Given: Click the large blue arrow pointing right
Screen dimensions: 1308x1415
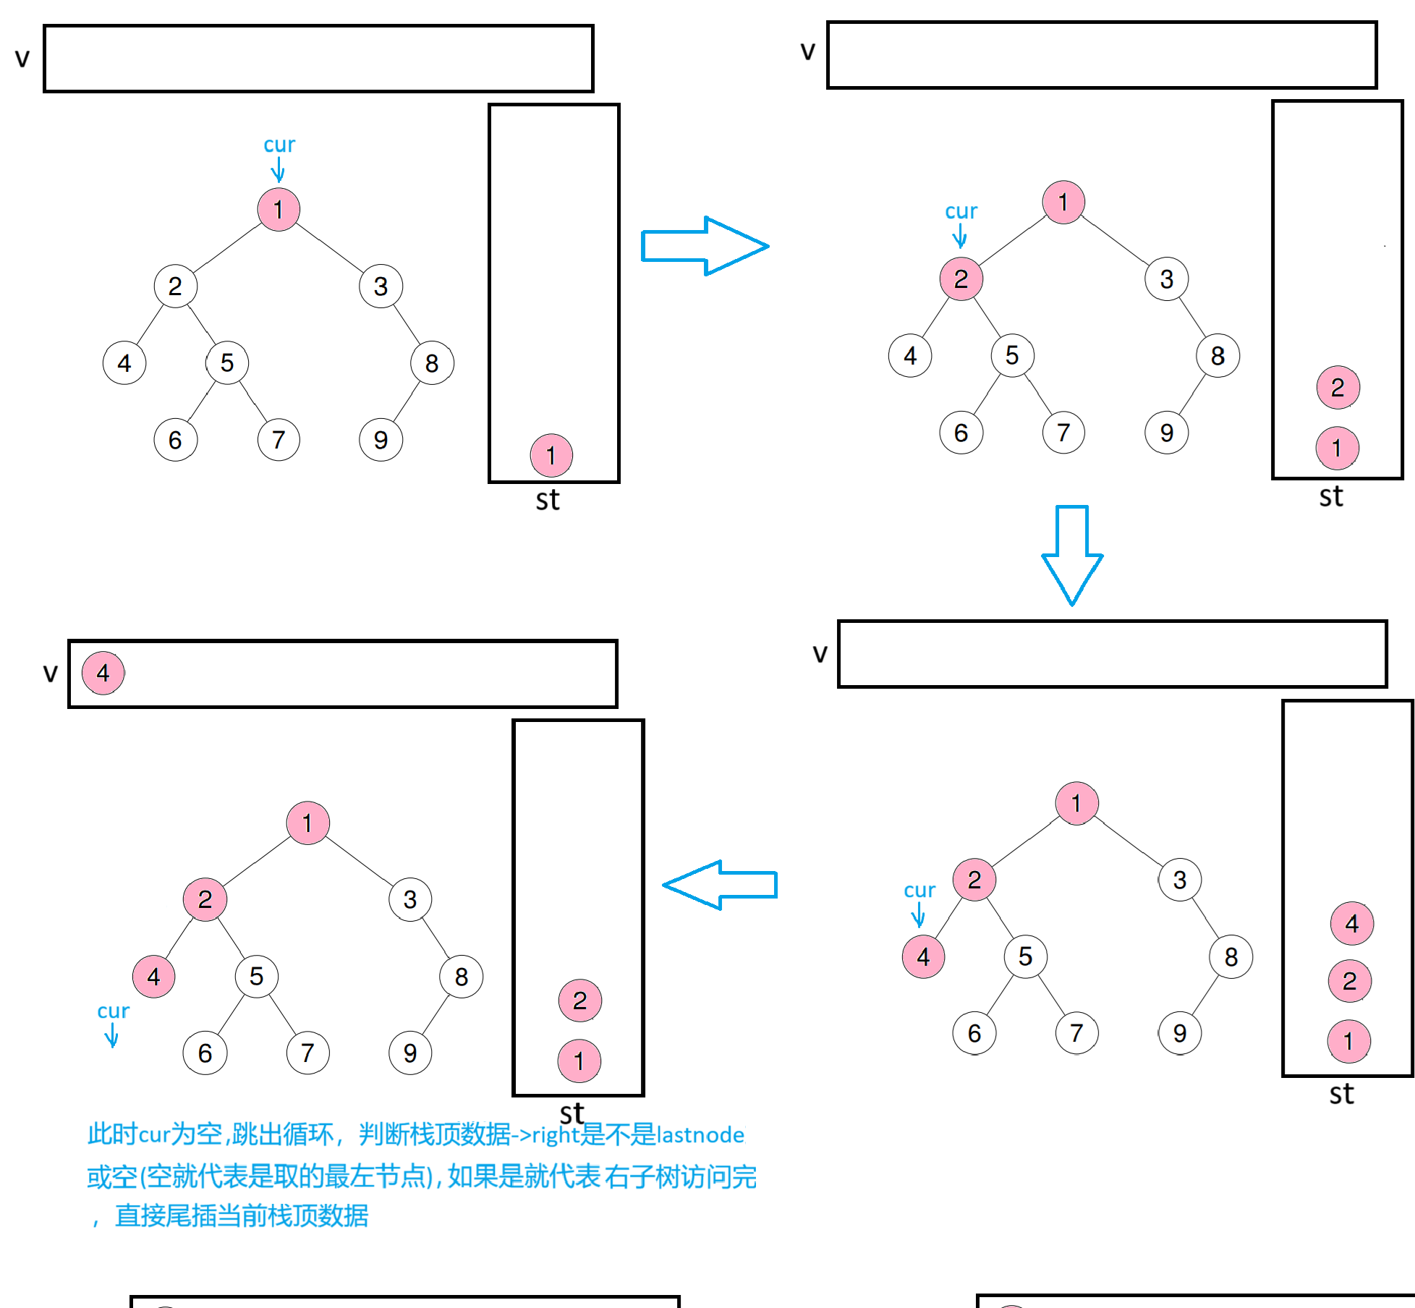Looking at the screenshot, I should (705, 246).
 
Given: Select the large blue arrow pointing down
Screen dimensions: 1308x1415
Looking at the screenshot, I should (1072, 554).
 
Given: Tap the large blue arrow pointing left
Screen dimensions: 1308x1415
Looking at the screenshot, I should (719, 885).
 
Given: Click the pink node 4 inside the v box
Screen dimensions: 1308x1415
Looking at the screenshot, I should (103, 673).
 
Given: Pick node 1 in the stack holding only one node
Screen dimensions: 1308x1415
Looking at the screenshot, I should (551, 456).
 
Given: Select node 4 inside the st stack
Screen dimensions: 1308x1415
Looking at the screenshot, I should (1351, 923).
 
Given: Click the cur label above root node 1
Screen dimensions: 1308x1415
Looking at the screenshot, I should (279, 145).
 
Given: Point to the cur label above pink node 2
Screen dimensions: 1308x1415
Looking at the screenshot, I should (961, 211).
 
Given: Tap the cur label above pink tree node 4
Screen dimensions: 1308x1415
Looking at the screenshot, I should (919, 890).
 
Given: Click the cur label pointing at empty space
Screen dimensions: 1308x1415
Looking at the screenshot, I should (113, 1011).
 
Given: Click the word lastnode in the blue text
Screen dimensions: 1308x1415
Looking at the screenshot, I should (700, 1134).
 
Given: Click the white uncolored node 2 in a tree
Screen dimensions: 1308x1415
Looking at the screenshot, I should (175, 286).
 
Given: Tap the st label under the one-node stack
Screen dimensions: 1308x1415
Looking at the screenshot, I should (548, 500).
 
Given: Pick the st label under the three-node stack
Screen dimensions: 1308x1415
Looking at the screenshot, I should (1341, 1094).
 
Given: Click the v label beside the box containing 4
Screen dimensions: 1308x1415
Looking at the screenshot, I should (50, 673).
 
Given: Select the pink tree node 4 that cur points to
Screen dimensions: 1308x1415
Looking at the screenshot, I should (923, 956).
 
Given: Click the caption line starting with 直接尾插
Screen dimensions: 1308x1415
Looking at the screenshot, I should (242, 1215).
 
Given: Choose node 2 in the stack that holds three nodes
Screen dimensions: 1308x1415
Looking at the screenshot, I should (1350, 981).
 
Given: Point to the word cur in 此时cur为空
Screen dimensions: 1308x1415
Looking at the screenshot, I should (153, 1134).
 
